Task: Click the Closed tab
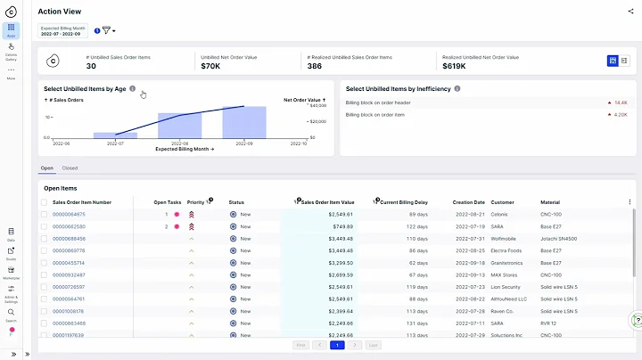70,168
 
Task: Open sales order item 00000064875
69,215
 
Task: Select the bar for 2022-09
243,123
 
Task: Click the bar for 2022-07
115,135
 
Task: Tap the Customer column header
502,202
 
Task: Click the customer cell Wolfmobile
506,239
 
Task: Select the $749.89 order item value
341,226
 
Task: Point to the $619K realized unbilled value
457,66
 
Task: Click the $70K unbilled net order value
210,66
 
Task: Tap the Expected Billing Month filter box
65,30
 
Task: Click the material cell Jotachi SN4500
557,239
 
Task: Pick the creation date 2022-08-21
470,215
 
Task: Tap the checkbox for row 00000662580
45,226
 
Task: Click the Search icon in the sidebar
11,314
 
